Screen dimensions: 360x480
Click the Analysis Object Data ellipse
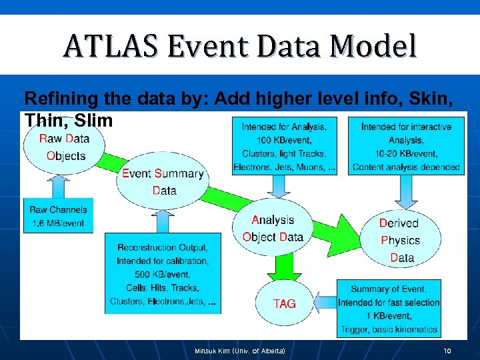(x=273, y=228)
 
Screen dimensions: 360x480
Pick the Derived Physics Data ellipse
(x=400, y=240)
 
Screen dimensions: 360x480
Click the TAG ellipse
(x=285, y=303)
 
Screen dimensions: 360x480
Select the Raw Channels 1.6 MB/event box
(x=59, y=215)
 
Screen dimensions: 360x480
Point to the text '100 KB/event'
(x=283, y=140)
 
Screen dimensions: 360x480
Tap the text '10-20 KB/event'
(x=406, y=153)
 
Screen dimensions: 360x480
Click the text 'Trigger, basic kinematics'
(x=389, y=329)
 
